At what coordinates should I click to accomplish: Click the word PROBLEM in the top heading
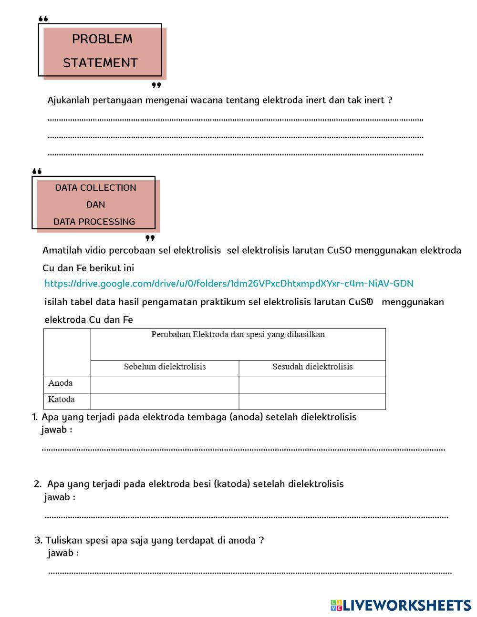102,39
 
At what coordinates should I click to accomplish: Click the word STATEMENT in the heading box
100,63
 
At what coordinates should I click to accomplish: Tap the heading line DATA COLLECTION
95,188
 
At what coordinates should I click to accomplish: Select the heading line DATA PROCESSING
94,222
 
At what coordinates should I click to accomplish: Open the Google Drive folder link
228,284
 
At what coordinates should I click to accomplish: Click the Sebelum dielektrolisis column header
165,367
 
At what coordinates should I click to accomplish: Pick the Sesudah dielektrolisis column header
312,367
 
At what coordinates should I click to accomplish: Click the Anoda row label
61,383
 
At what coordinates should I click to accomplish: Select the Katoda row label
62,399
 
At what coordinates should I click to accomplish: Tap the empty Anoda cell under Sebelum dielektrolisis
165,385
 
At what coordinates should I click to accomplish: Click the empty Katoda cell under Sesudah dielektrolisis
312,401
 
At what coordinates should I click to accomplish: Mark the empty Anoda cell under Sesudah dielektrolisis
312,385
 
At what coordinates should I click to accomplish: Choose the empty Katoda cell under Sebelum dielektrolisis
165,401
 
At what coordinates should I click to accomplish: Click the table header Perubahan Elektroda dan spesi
238,335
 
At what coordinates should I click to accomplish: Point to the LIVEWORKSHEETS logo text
406,606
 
